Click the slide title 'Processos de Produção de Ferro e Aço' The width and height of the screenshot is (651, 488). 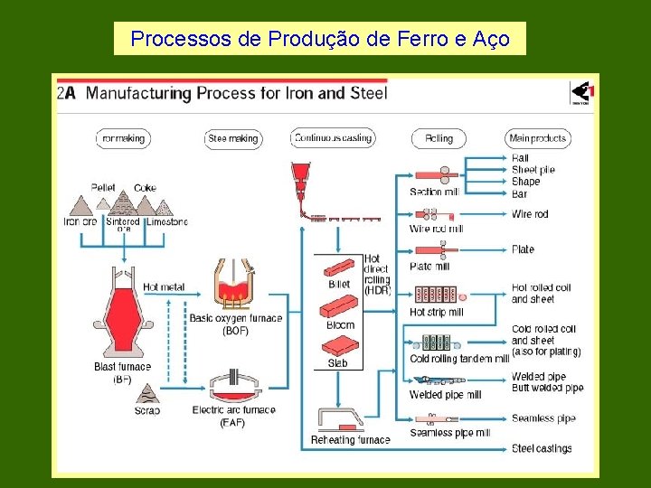tap(319, 39)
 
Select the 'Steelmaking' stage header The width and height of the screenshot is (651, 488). tap(233, 138)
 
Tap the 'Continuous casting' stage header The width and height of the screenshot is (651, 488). tap(333, 138)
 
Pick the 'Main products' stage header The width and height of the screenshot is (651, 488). tap(538, 138)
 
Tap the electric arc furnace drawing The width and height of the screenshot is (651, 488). tap(233, 385)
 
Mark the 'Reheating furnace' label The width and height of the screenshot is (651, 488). tap(350, 440)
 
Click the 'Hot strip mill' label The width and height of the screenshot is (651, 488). tap(436, 313)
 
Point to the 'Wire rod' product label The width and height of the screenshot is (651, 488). tap(530, 214)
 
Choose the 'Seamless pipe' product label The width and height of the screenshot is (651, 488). tap(543, 418)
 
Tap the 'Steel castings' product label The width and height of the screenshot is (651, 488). tap(542, 448)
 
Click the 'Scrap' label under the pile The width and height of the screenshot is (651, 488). tap(146, 410)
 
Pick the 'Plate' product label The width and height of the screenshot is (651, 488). tap(523, 249)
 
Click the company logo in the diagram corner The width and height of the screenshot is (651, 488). tap(581, 93)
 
